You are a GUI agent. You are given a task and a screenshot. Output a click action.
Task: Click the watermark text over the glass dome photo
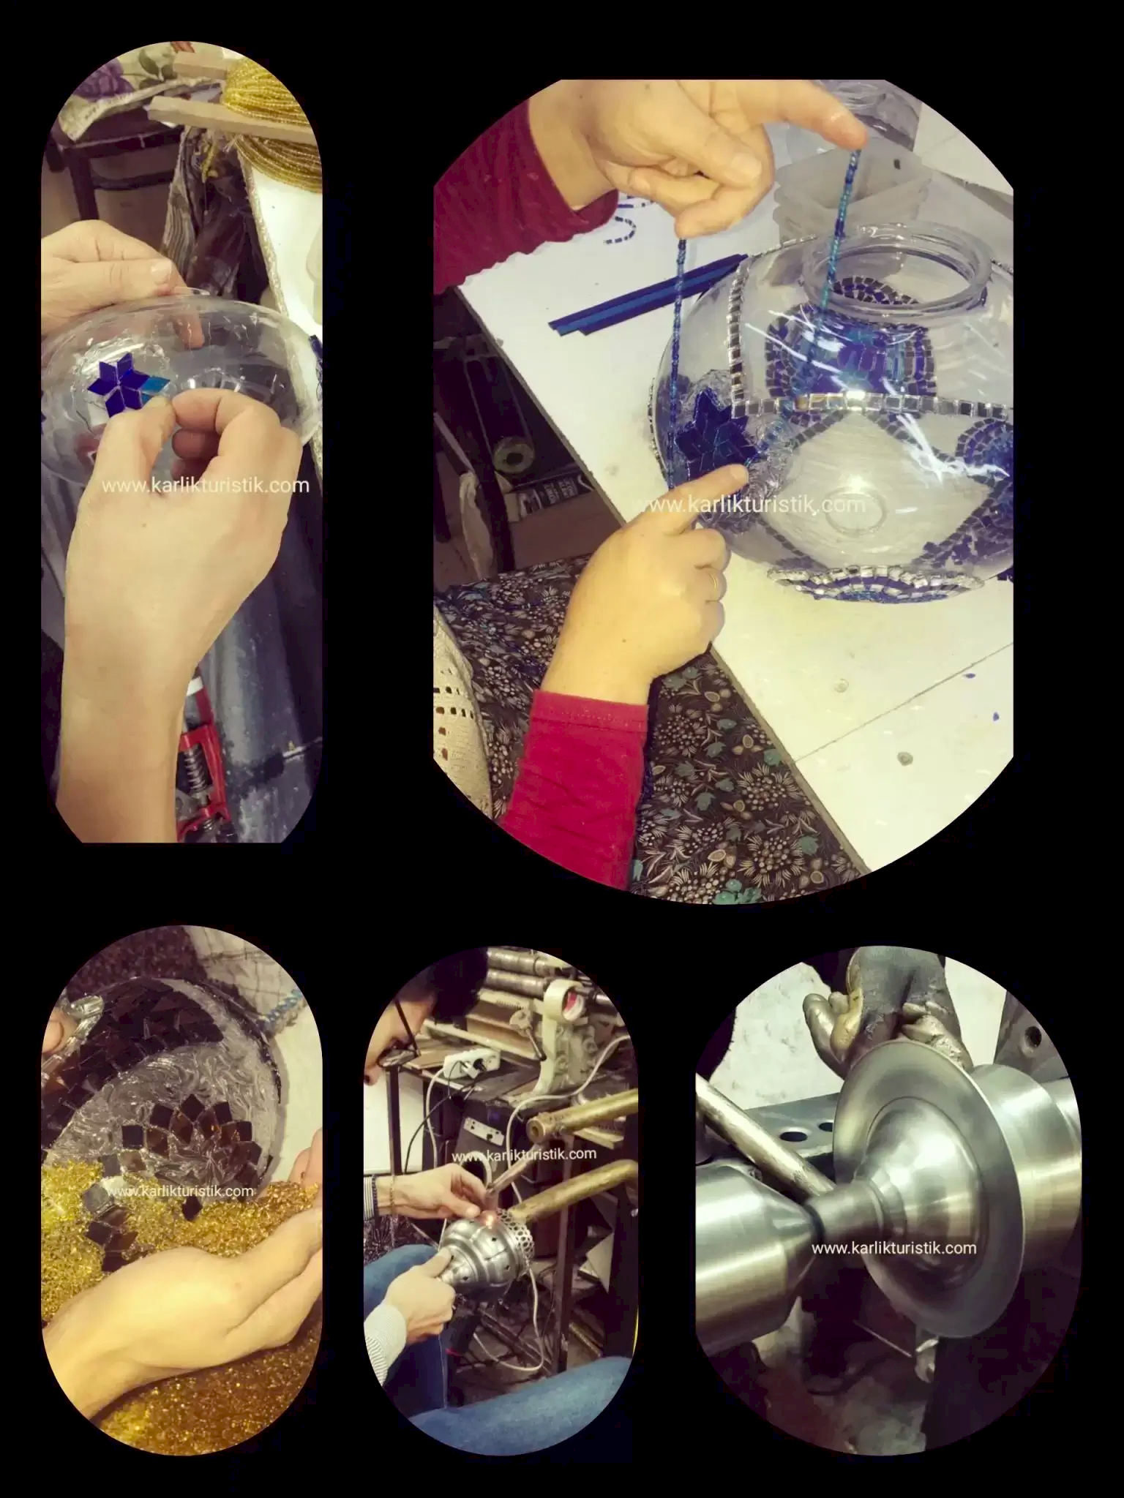coord(206,486)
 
